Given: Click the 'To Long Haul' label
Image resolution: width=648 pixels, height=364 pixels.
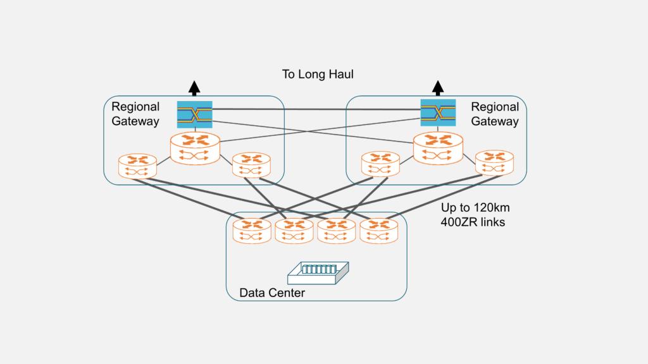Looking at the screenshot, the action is click(x=318, y=75).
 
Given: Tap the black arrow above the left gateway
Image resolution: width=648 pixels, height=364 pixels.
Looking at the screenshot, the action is click(x=194, y=88).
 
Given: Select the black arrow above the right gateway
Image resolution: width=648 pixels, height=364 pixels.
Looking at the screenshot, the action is click(x=438, y=88).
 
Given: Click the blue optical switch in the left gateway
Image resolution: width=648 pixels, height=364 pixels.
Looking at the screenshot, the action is click(x=195, y=114).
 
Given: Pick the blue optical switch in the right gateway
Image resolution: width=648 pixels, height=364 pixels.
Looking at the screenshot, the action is click(x=438, y=112).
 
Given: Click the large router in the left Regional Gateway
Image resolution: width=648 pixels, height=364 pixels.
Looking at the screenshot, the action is click(x=195, y=149).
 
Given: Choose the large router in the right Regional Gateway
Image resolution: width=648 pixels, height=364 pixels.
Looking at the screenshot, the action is click(x=438, y=148).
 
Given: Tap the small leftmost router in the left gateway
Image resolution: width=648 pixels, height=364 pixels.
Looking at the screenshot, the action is click(x=137, y=166).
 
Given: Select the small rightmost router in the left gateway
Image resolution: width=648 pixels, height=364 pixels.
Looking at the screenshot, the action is click(x=251, y=165).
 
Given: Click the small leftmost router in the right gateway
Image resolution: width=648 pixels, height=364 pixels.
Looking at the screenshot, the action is click(x=380, y=164).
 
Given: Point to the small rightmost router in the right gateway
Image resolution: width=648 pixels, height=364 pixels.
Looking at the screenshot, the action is click(x=494, y=162).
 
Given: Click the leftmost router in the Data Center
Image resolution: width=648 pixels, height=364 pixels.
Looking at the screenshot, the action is click(x=252, y=231).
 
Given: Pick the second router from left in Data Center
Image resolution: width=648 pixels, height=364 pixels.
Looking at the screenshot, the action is click(x=294, y=231).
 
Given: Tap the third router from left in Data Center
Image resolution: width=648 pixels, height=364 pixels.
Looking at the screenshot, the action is click(x=337, y=231).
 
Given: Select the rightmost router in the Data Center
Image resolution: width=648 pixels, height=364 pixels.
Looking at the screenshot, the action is click(x=379, y=231).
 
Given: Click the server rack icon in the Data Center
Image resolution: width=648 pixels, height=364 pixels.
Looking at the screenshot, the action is click(x=318, y=273).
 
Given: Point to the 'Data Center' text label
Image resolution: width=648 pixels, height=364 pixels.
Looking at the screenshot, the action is click(x=272, y=293).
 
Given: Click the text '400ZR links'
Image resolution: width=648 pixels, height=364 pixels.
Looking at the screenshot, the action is click(x=473, y=222).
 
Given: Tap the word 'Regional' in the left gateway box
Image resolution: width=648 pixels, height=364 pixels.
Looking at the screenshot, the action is click(x=135, y=107).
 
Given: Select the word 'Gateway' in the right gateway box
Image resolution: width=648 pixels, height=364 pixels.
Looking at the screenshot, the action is click(x=495, y=121).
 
